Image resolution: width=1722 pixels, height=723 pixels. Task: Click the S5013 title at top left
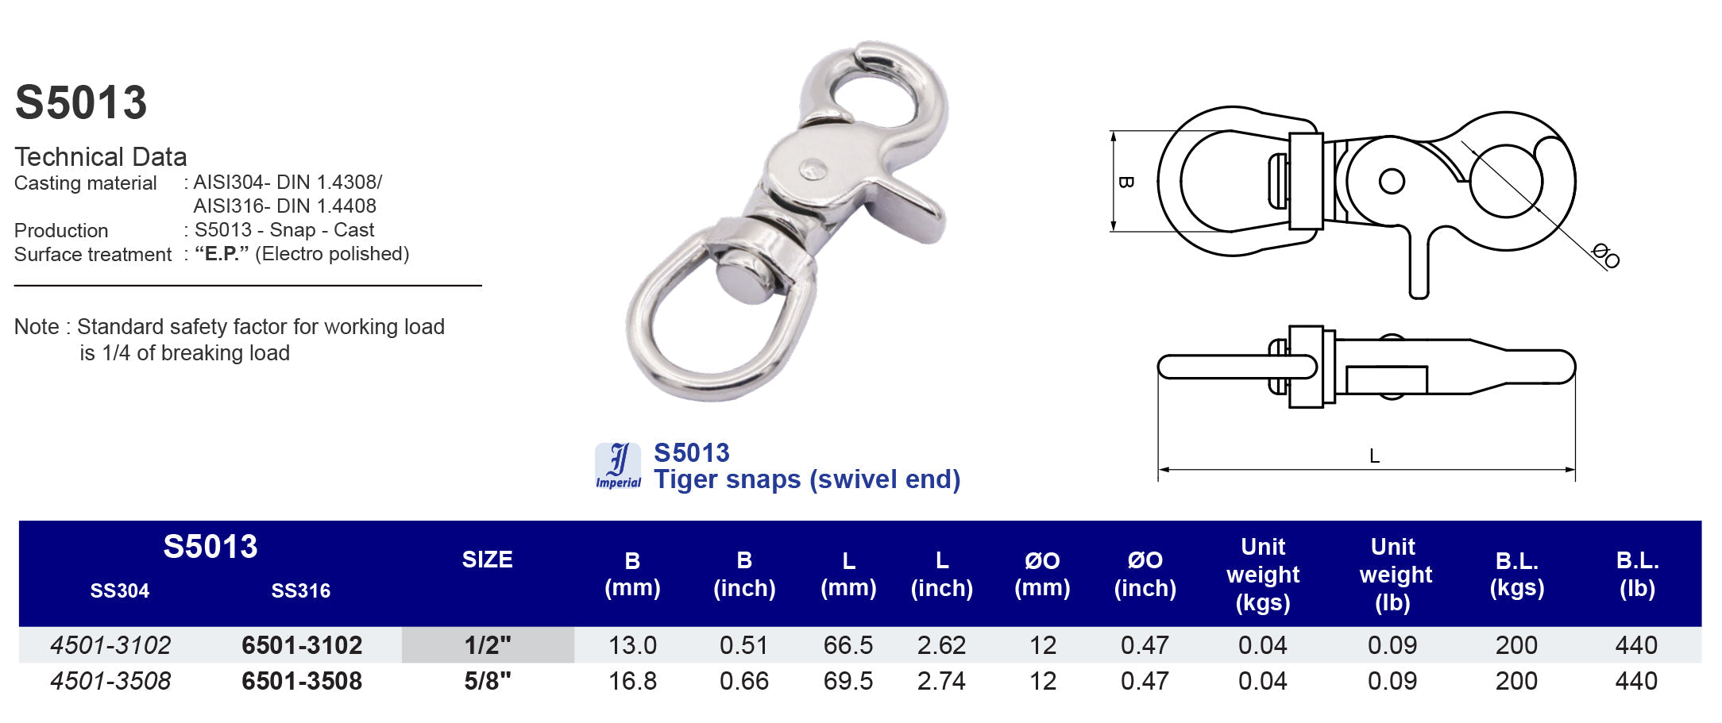pyautogui.click(x=81, y=103)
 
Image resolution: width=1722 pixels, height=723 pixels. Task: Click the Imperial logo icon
pyautogui.click(x=618, y=466)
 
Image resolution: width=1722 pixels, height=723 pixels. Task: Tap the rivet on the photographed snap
pyautogui.click(x=812, y=168)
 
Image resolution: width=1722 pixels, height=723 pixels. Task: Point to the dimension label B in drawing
pyautogui.click(x=1125, y=182)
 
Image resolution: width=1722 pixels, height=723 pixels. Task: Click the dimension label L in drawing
pyautogui.click(x=1374, y=456)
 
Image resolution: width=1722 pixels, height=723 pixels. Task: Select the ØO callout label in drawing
pyautogui.click(x=1605, y=256)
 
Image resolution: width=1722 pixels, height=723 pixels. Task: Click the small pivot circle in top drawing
pyautogui.click(x=1392, y=181)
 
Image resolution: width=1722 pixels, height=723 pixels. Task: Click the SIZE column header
pyautogui.click(x=487, y=560)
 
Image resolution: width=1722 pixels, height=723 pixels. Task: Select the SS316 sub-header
pyautogui.click(x=300, y=590)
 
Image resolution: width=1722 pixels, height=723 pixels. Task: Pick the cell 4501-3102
pyautogui.click(x=110, y=645)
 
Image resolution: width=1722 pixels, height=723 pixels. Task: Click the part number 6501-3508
pyautogui.click(x=302, y=681)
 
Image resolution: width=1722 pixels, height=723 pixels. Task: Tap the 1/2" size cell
pyautogui.click(x=488, y=645)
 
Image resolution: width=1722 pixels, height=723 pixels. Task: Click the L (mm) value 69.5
pyautogui.click(x=847, y=681)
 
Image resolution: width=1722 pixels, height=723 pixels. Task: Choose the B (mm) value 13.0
pyautogui.click(x=632, y=645)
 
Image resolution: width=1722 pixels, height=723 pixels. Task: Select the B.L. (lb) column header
pyautogui.click(x=1636, y=574)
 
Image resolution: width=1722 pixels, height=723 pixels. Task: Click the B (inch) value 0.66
pyautogui.click(x=743, y=681)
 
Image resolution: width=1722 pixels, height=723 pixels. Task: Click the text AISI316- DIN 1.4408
pyautogui.click(x=284, y=206)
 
